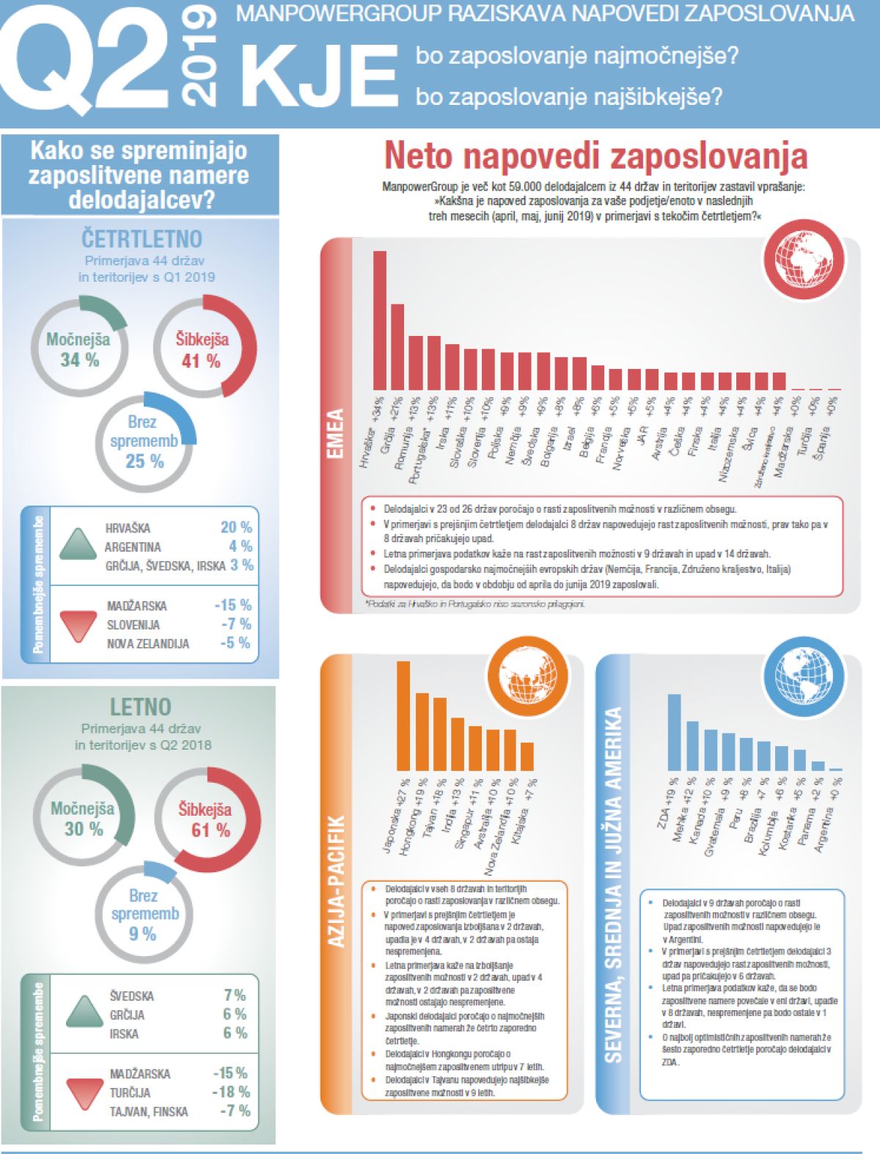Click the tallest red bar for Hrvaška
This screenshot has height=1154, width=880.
380,320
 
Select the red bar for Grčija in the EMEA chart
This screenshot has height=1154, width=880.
397,346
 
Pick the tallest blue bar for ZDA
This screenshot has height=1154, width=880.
674,731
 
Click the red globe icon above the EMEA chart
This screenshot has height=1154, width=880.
803,260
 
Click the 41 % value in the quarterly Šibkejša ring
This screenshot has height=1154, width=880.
201,361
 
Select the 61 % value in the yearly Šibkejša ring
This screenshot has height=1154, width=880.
210,830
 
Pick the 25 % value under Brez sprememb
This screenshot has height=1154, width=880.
144,461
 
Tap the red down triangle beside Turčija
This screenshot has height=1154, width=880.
85,1092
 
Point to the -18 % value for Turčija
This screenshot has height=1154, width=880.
231,1092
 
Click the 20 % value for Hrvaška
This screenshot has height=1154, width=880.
235,527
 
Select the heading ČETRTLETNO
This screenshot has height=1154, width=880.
142,239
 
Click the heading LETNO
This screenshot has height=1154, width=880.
140,707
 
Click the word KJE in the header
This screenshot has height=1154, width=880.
319,75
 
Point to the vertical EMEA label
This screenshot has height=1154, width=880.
335,433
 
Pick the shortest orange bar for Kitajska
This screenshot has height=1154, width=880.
527,756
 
